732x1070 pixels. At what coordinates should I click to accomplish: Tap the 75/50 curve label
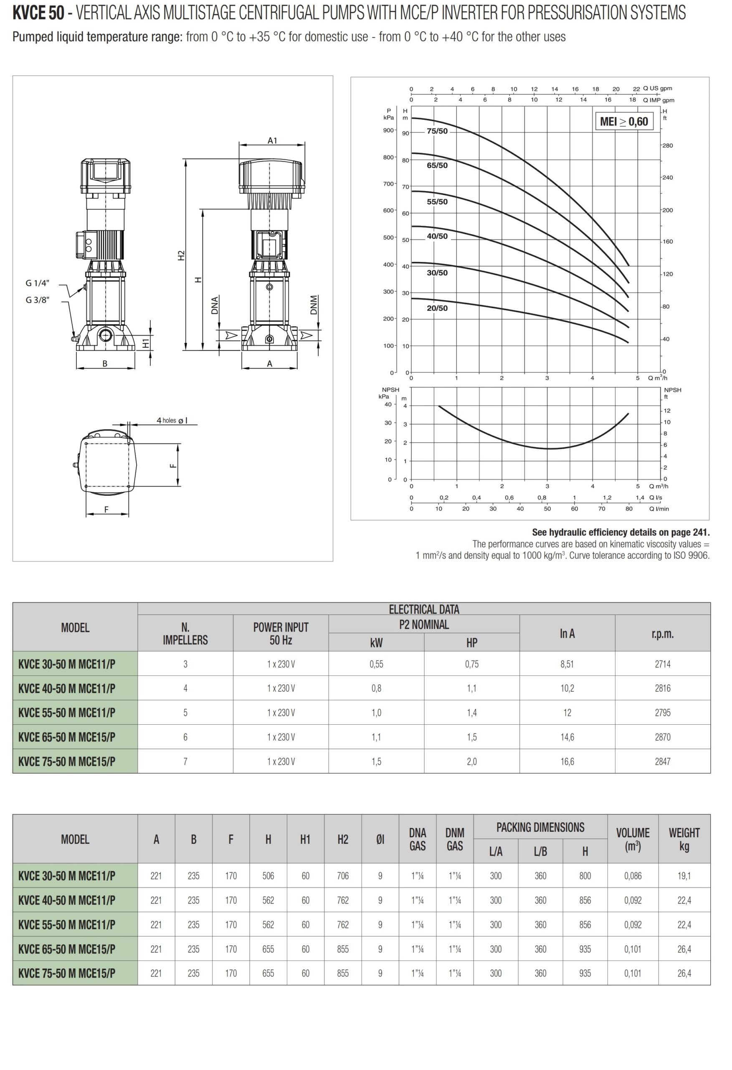437,131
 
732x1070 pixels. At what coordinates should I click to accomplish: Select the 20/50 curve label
437,308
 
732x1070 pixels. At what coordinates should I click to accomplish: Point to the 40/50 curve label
437,236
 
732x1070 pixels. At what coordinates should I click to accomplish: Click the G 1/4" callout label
37,283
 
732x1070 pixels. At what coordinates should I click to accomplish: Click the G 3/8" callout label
37,300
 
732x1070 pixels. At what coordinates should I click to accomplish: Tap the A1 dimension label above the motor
272,141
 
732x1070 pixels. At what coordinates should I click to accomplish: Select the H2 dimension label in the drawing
181,255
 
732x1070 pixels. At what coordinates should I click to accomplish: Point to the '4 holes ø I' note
172,420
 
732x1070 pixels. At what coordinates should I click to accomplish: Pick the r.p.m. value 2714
662,664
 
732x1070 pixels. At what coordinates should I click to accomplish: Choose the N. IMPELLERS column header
185,634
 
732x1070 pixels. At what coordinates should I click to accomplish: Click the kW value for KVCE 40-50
376,688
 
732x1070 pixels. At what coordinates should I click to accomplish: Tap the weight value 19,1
684,876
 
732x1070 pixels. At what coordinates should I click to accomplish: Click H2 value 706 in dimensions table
342,876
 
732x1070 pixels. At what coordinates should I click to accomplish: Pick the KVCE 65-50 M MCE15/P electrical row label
67,737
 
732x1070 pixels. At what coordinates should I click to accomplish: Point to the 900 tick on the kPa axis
388,130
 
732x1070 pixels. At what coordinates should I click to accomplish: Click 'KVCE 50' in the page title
38,13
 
